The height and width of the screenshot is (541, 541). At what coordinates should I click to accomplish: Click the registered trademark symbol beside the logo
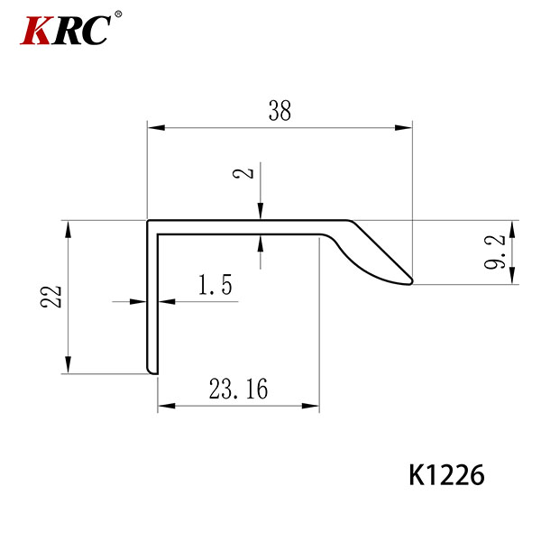[x=118, y=14]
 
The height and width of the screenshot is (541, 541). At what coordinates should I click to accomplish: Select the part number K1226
[x=446, y=475]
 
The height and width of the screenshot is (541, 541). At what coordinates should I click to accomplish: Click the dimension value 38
[x=280, y=110]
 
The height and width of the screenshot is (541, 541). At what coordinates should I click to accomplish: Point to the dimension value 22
[x=50, y=297]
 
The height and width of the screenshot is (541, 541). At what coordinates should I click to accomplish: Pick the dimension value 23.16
[x=238, y=389]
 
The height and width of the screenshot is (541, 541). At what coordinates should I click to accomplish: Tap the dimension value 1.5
[x=215, y=284]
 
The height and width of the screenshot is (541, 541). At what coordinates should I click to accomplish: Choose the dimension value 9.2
[x=494, y=252]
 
